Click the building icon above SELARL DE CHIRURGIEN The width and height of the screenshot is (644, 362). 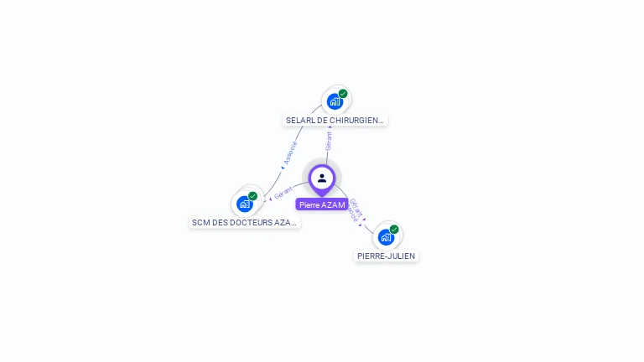pyautogui.click(x=335, y=102)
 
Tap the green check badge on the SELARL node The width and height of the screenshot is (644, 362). pyautogui.click(x=343, y=94)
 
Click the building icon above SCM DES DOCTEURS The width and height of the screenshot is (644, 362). pyautogui.click(x=244, y=204)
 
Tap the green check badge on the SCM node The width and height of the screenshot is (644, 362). pyautogui.click(x=252, y=196)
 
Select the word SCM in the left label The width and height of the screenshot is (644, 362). pyautogui.click(x=200, y=223)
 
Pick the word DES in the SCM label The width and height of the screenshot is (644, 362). pyautogui.click(x=220, y=223)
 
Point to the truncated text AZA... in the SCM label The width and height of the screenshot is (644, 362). pyautogui.click(x=286, y=223)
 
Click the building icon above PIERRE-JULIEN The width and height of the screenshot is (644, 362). pyautogui.click(x=386, y=236)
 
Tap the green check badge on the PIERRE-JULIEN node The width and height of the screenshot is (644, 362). pyautogui.click(x=394, y=229)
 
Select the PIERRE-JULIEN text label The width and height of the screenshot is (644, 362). pyautogui.click(x=386, y=256)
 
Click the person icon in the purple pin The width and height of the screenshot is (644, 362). pyautogui.click(x=322, y=178)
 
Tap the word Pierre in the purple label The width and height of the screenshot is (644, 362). pyautogui.click(x=309, y=204)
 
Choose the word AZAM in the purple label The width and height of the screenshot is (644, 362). pyautogui.click(x=333, y=204)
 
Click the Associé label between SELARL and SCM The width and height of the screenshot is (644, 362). pyautogui.click(x=290, y=152)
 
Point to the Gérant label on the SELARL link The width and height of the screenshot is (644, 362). pyautogui.click(x=329, y=140)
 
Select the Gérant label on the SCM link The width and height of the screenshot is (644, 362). pyautogui.click(x=283, y=192)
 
